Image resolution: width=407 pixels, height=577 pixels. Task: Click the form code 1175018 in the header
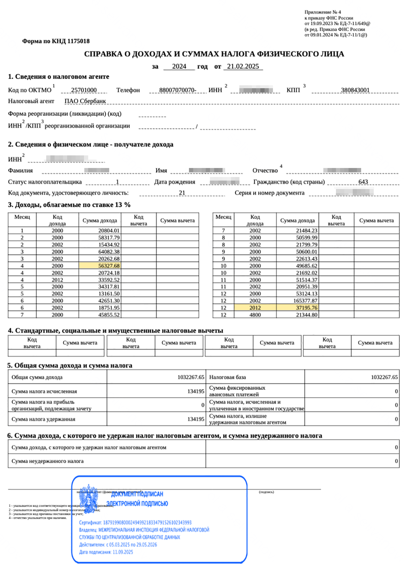coord(79,41)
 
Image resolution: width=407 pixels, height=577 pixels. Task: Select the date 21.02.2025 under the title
coord(243,67)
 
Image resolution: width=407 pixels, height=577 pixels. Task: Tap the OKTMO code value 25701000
coord(84,90)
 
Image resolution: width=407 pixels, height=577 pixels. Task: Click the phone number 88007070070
coord(177,90)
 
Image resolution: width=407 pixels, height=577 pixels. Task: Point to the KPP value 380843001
coord(355,90)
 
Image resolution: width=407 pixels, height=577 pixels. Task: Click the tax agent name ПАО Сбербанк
coord(85,101)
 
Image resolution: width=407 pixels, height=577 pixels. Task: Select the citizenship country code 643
coord(363,182)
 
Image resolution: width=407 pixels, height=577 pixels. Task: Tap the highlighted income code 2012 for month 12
coord(255,308)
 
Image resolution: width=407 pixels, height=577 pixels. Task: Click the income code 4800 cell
coord(255,315)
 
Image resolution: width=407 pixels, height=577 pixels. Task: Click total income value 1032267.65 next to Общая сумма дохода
coord(191,377)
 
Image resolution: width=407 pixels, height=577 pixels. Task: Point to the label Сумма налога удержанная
coord(43,419)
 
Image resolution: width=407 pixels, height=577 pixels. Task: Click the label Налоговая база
coord(227,377)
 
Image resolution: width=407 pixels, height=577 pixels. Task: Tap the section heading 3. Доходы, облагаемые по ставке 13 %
coord(69,205)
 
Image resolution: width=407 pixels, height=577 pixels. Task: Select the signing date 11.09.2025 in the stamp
coord(123,552)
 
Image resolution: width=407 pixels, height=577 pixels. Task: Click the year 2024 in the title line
coord(179,67)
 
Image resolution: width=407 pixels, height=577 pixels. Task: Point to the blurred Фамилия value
coord(97,170)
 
